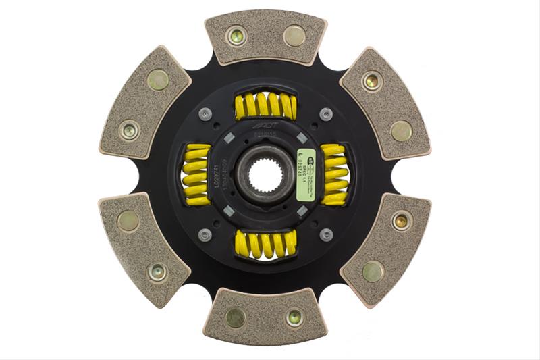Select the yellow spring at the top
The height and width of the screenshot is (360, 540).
pos(265,105)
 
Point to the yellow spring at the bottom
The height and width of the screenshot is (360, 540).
pos(265,244)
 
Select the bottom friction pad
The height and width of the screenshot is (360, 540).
pos(265,315)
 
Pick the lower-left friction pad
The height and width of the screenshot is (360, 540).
pos(144,249)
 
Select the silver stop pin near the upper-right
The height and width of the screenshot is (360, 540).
pos(326,114)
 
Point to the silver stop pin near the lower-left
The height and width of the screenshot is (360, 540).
pos(205,235)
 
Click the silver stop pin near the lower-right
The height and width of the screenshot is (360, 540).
pos(326,234)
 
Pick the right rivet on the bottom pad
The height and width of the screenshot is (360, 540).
pos(295,316)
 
